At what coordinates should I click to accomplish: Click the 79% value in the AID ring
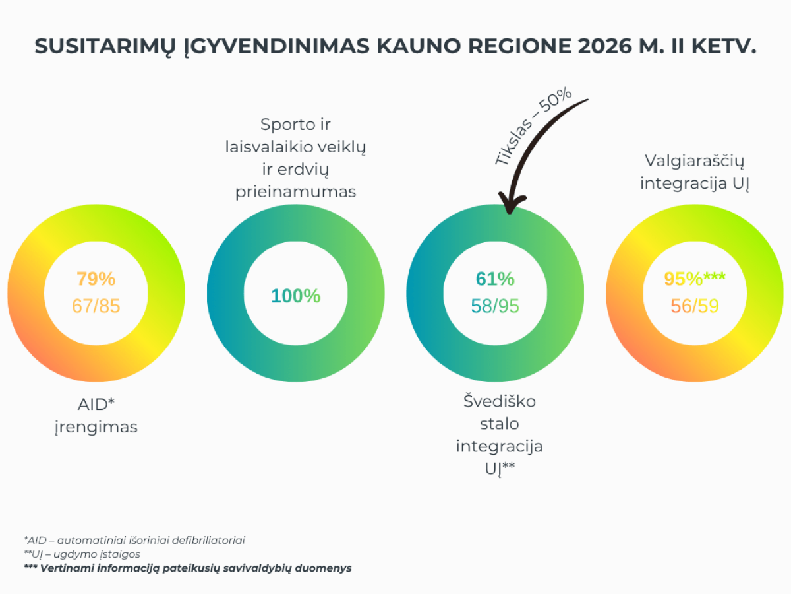click(96, 279)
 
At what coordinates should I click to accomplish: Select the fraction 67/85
click(96, 306)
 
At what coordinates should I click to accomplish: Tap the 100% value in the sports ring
click(295, 296)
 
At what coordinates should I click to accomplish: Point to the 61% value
click(495, 279)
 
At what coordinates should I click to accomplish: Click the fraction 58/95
click(495, 306)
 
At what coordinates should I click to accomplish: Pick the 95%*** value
click(695, 279)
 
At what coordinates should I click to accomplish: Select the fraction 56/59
click(695, 306)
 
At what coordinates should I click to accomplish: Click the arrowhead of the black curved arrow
click(511, 204)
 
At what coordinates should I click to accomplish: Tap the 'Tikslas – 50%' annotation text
click(533, 126)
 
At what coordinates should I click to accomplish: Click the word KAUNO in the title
click(419, 46)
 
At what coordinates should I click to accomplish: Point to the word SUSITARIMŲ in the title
click(105, 47)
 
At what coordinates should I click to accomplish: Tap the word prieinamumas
click(295, 192)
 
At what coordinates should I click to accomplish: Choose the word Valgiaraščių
click(694, 161)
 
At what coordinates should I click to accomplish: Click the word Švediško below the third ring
click(500, 401)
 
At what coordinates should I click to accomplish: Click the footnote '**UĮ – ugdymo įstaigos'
click(82, 554)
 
